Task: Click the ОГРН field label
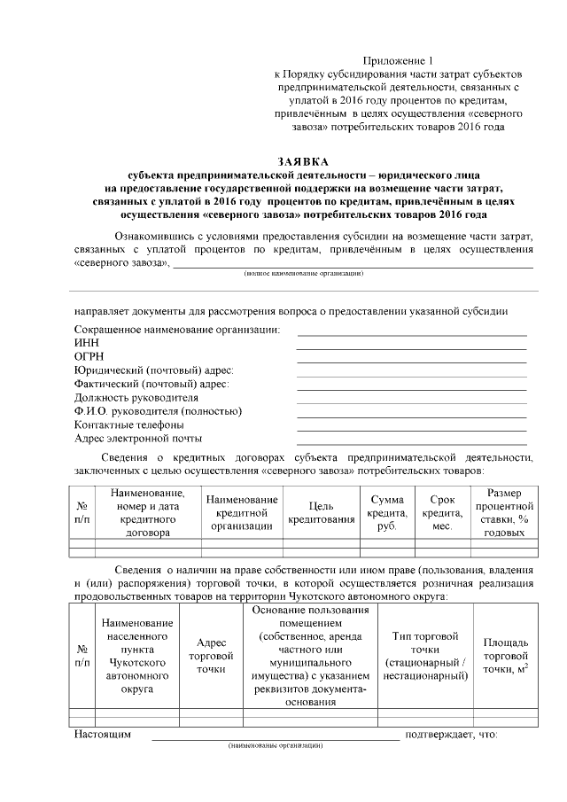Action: (x=89, y=356)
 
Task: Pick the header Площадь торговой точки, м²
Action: (x=506, y=655)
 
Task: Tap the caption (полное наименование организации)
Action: (x=304, y=275)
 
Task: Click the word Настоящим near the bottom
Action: (x=103, y=734)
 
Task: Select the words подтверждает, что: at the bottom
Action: (x=451, y=734)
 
